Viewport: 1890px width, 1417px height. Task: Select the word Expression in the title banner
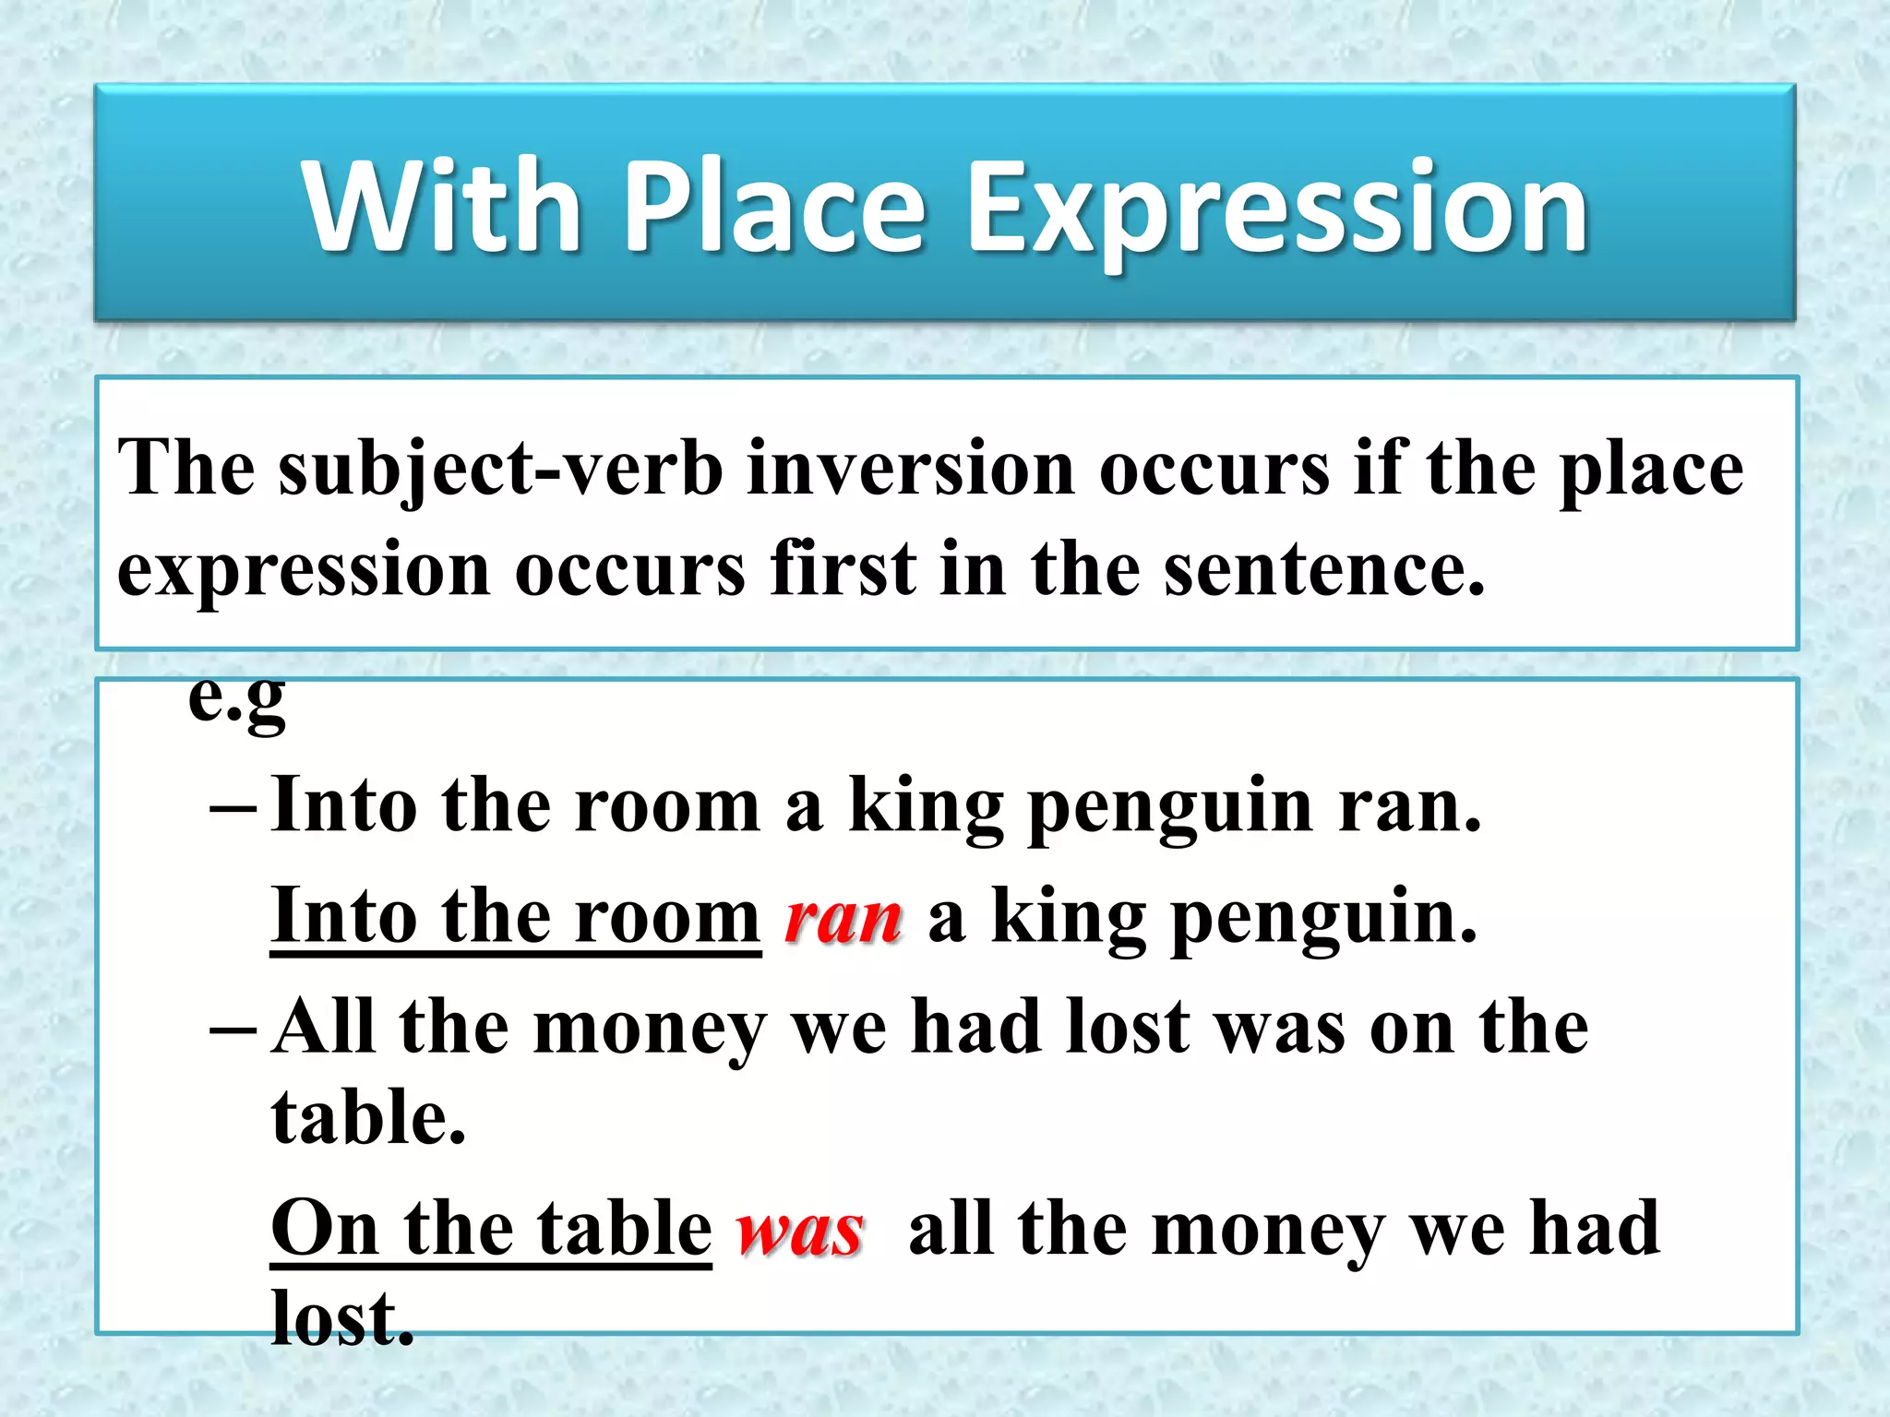click(x=1275, y=210)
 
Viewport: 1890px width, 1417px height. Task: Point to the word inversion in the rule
click(x=910, y=469)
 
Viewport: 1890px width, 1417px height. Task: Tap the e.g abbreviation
click(x=236, y=698)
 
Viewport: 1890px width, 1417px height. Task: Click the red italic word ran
click(x=843, y=919)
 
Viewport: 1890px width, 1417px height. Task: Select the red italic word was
click(x=799, y=1232)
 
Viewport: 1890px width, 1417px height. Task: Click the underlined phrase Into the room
click(x=515, y=917)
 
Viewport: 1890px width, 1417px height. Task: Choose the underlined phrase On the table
click(x=491, y=1230)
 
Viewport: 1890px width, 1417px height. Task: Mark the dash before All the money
click(x=232, y=1030)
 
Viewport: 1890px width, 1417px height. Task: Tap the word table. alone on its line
click(x=368, y=1118)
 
